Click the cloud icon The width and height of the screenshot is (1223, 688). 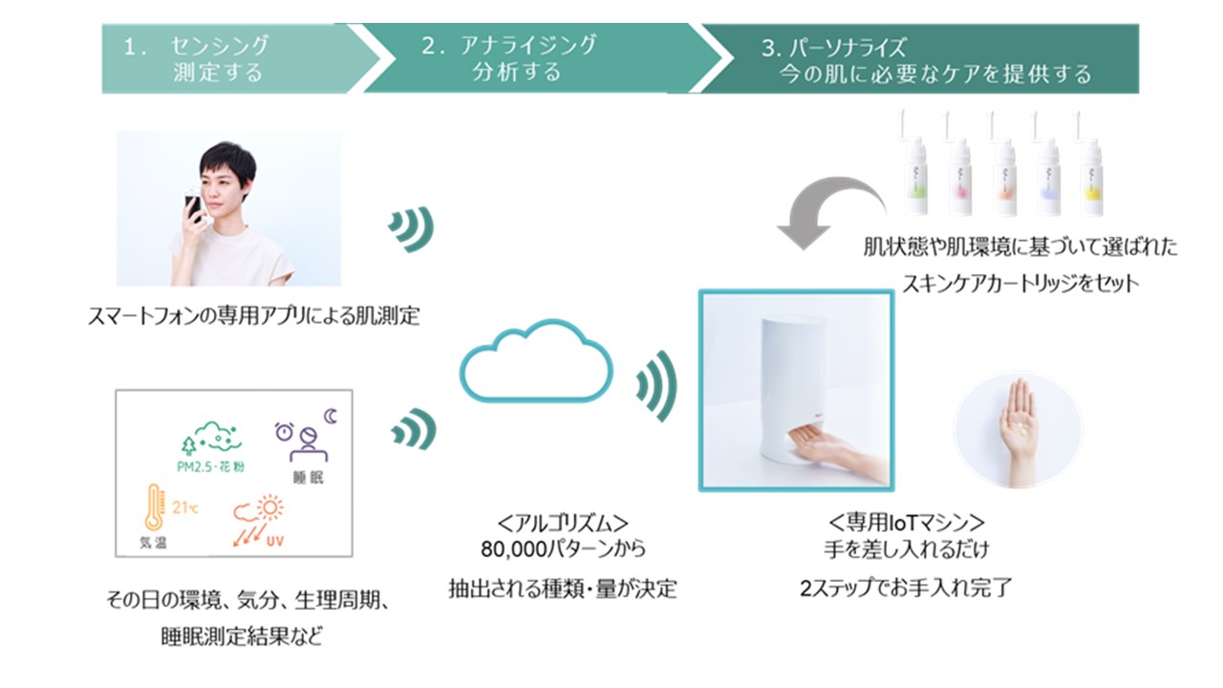click(535, 362)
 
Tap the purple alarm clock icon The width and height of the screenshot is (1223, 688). click(285, 432)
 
